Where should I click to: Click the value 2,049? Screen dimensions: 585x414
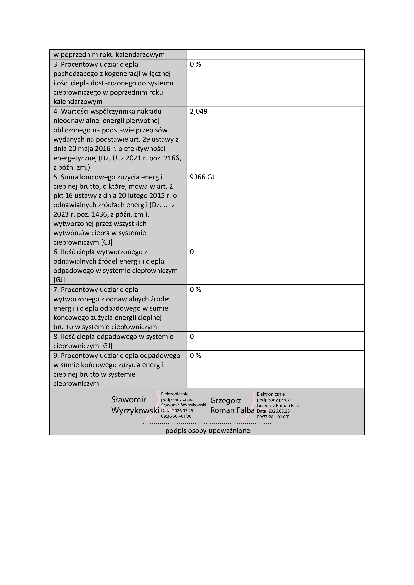pyautogui.click(x=198, y=111)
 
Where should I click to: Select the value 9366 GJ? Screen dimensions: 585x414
pyautogui.click(x=202, y=177)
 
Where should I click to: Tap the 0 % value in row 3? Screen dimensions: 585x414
pyautogui.click(x=195, y=65)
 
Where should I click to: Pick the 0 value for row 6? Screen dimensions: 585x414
pyautogui.click(x=192, y=252)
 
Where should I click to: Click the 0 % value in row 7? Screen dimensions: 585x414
pyautogui.click(x=195, y=290)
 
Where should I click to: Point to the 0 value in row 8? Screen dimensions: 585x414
pyautogui.click(x=192, y=337)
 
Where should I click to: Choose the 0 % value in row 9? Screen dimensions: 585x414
pyautogui.click(x=195, y=356)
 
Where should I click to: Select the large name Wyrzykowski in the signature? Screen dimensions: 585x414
pyautogui.click(x=135, y=411)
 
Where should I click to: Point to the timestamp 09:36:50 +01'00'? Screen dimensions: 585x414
pyautogui.click(x=176, y=416)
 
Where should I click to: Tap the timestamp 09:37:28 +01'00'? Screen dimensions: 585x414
pyautogui.click(x=273, y=417)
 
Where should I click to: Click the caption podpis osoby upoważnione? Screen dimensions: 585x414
pyautogui.click(x=208, y=431)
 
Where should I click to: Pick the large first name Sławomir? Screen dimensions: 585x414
pyautogui.click(x=128, y=400)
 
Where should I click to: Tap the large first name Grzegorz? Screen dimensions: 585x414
pyautogui.click(x=225, y=401)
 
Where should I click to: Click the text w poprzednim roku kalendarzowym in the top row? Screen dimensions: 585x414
pyautogui.click(x=109, y=55)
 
